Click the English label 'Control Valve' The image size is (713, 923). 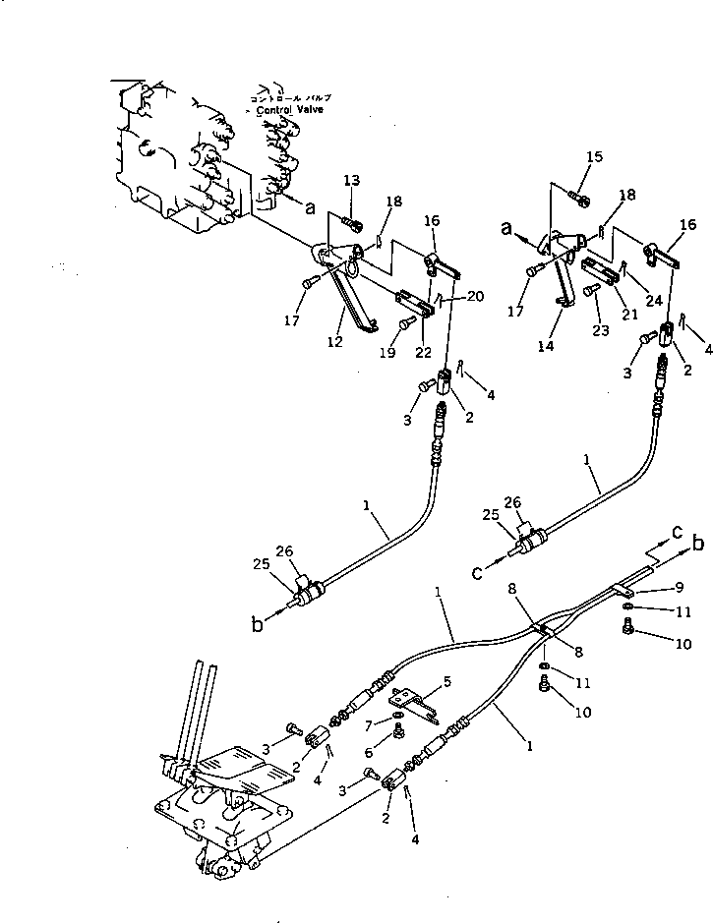coord(290,110)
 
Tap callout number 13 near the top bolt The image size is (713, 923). coord(351,179)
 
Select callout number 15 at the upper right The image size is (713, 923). coord(594,157)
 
